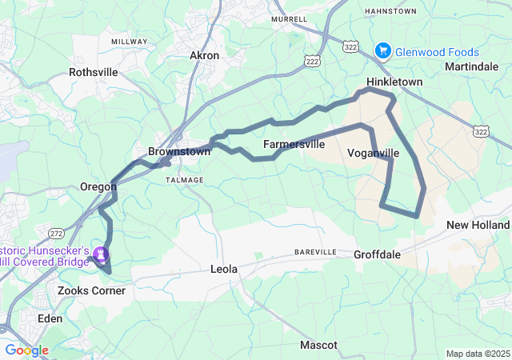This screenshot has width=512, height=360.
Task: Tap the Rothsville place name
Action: [94, 72]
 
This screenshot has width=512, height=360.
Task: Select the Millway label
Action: [129, 42]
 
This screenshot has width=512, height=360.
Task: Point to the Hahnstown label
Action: [390, 11]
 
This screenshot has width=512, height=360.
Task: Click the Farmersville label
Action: [294, 145]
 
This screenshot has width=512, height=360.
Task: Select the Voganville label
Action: [374, 153]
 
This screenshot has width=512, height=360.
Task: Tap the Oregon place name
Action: [98, 186]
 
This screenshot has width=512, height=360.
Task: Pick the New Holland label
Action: [478, 225]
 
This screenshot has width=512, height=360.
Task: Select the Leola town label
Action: [224, 270]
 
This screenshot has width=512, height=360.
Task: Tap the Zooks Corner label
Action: [91, 290]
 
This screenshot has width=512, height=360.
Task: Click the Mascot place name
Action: [318, 346]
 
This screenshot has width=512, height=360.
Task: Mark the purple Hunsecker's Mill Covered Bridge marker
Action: [101, 255]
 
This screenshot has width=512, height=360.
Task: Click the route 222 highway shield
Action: [311, 60]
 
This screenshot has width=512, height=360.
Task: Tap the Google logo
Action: [26, 350]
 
